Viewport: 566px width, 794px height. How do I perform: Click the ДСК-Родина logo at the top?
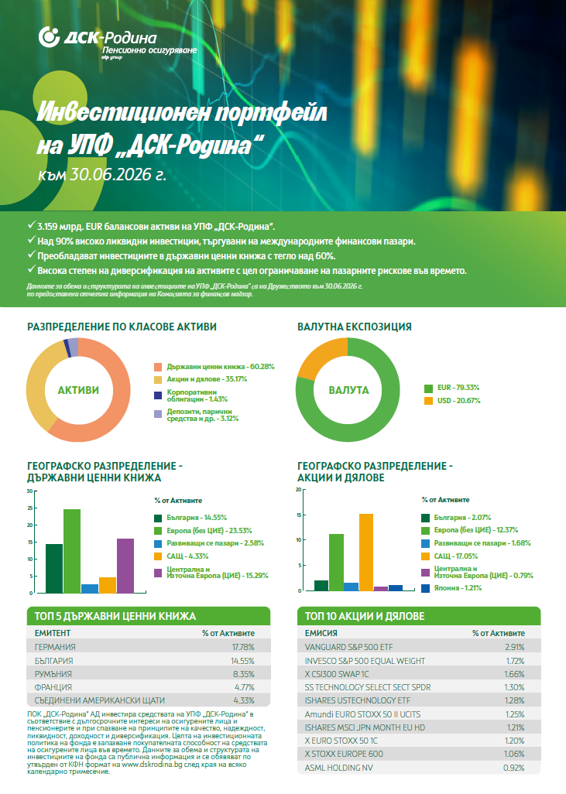pyautogui.click(x=118, y=43)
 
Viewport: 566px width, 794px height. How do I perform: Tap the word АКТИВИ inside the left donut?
pyautogui.click(x=78, y=390)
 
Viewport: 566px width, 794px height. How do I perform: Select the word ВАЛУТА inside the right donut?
pyautogui.click(x=348, y=390)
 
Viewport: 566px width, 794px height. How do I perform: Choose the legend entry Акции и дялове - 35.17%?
pyautogui.click(x=201, y=379)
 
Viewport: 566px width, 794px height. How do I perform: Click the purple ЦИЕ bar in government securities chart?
pyautogui.click(x=125, y=566)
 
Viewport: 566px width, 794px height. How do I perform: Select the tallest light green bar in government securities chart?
pyautogui.click(x=71, y=551)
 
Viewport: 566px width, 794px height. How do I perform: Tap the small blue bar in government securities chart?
pyautogui.click(x=90, y=588)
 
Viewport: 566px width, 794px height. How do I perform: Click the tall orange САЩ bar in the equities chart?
pyautogui.click(x=365, y=553)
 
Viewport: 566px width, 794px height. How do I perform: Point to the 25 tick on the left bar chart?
pyautogui.click(x=30, y=508)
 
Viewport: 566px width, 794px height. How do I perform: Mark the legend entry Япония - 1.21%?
pyautogui.click(x=451, y=588)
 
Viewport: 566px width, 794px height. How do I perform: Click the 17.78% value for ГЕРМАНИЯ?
pyautogui.click(x=243, y=647)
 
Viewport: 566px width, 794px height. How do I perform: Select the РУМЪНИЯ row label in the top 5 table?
pyautogui.click(x=53, y=674)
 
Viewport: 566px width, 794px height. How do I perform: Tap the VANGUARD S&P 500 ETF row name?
pyautogui.click(x=348, y=647)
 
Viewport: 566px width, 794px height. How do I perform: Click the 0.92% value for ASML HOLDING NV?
pyautogui.click(x=514, y=768)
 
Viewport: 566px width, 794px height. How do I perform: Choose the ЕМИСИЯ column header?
pyautogui.click(x=321, y=634)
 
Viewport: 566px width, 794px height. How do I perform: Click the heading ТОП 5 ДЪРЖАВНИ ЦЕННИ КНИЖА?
pyautogui.click(x=115, y=616)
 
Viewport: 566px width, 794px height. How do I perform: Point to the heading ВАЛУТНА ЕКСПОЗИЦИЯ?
pyautogui.click(x=354, y=327)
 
